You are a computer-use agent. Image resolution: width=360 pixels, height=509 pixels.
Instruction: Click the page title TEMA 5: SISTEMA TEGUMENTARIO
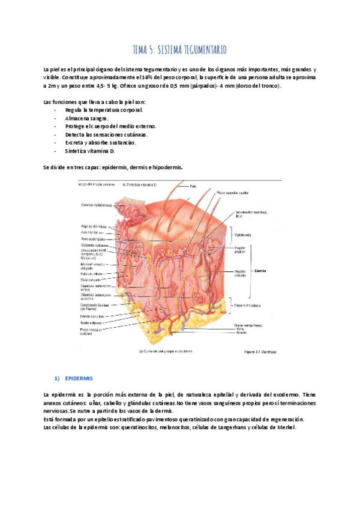tap(179, 49)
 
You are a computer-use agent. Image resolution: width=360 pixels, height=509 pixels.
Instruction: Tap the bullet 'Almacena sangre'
tap(86, 118)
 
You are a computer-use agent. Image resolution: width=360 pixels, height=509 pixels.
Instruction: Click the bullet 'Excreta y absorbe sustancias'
tap(100, 143)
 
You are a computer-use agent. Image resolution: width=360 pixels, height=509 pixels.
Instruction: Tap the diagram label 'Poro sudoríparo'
tap(94, 239)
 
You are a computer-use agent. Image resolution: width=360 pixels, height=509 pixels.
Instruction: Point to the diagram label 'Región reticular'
tap(240, 274)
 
